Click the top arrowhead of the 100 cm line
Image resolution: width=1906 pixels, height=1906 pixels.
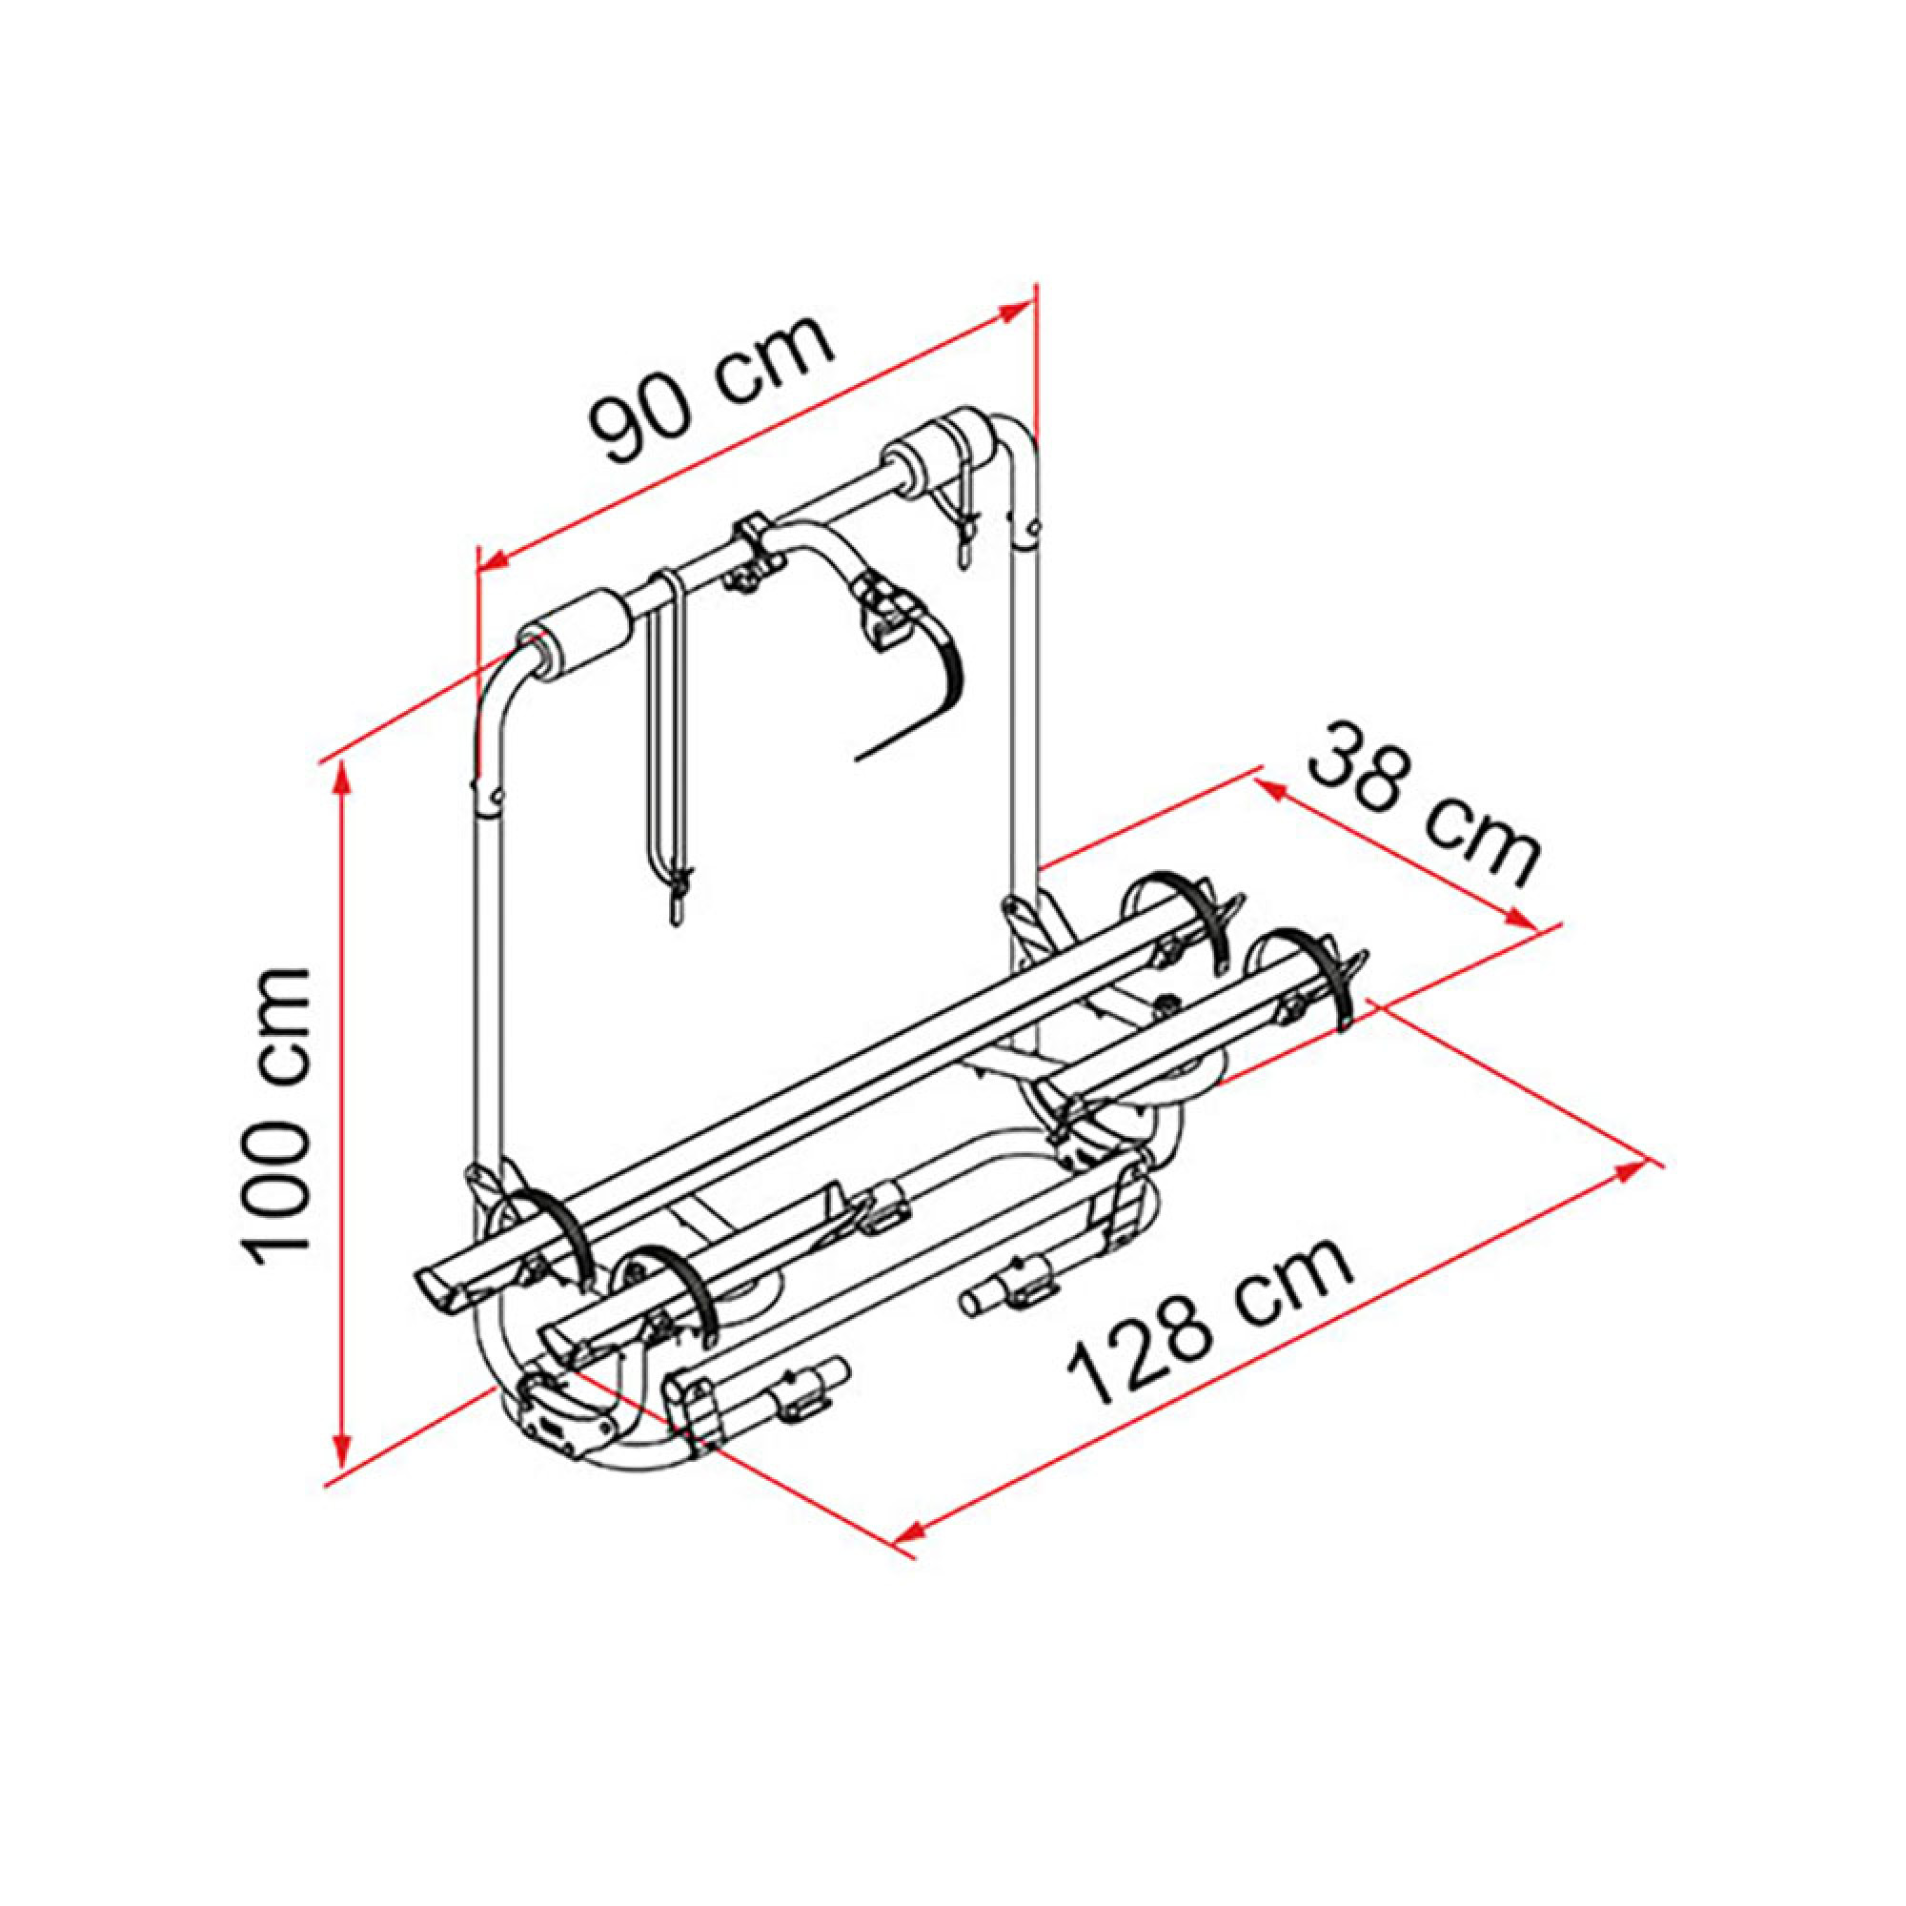[x=342, y=785]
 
